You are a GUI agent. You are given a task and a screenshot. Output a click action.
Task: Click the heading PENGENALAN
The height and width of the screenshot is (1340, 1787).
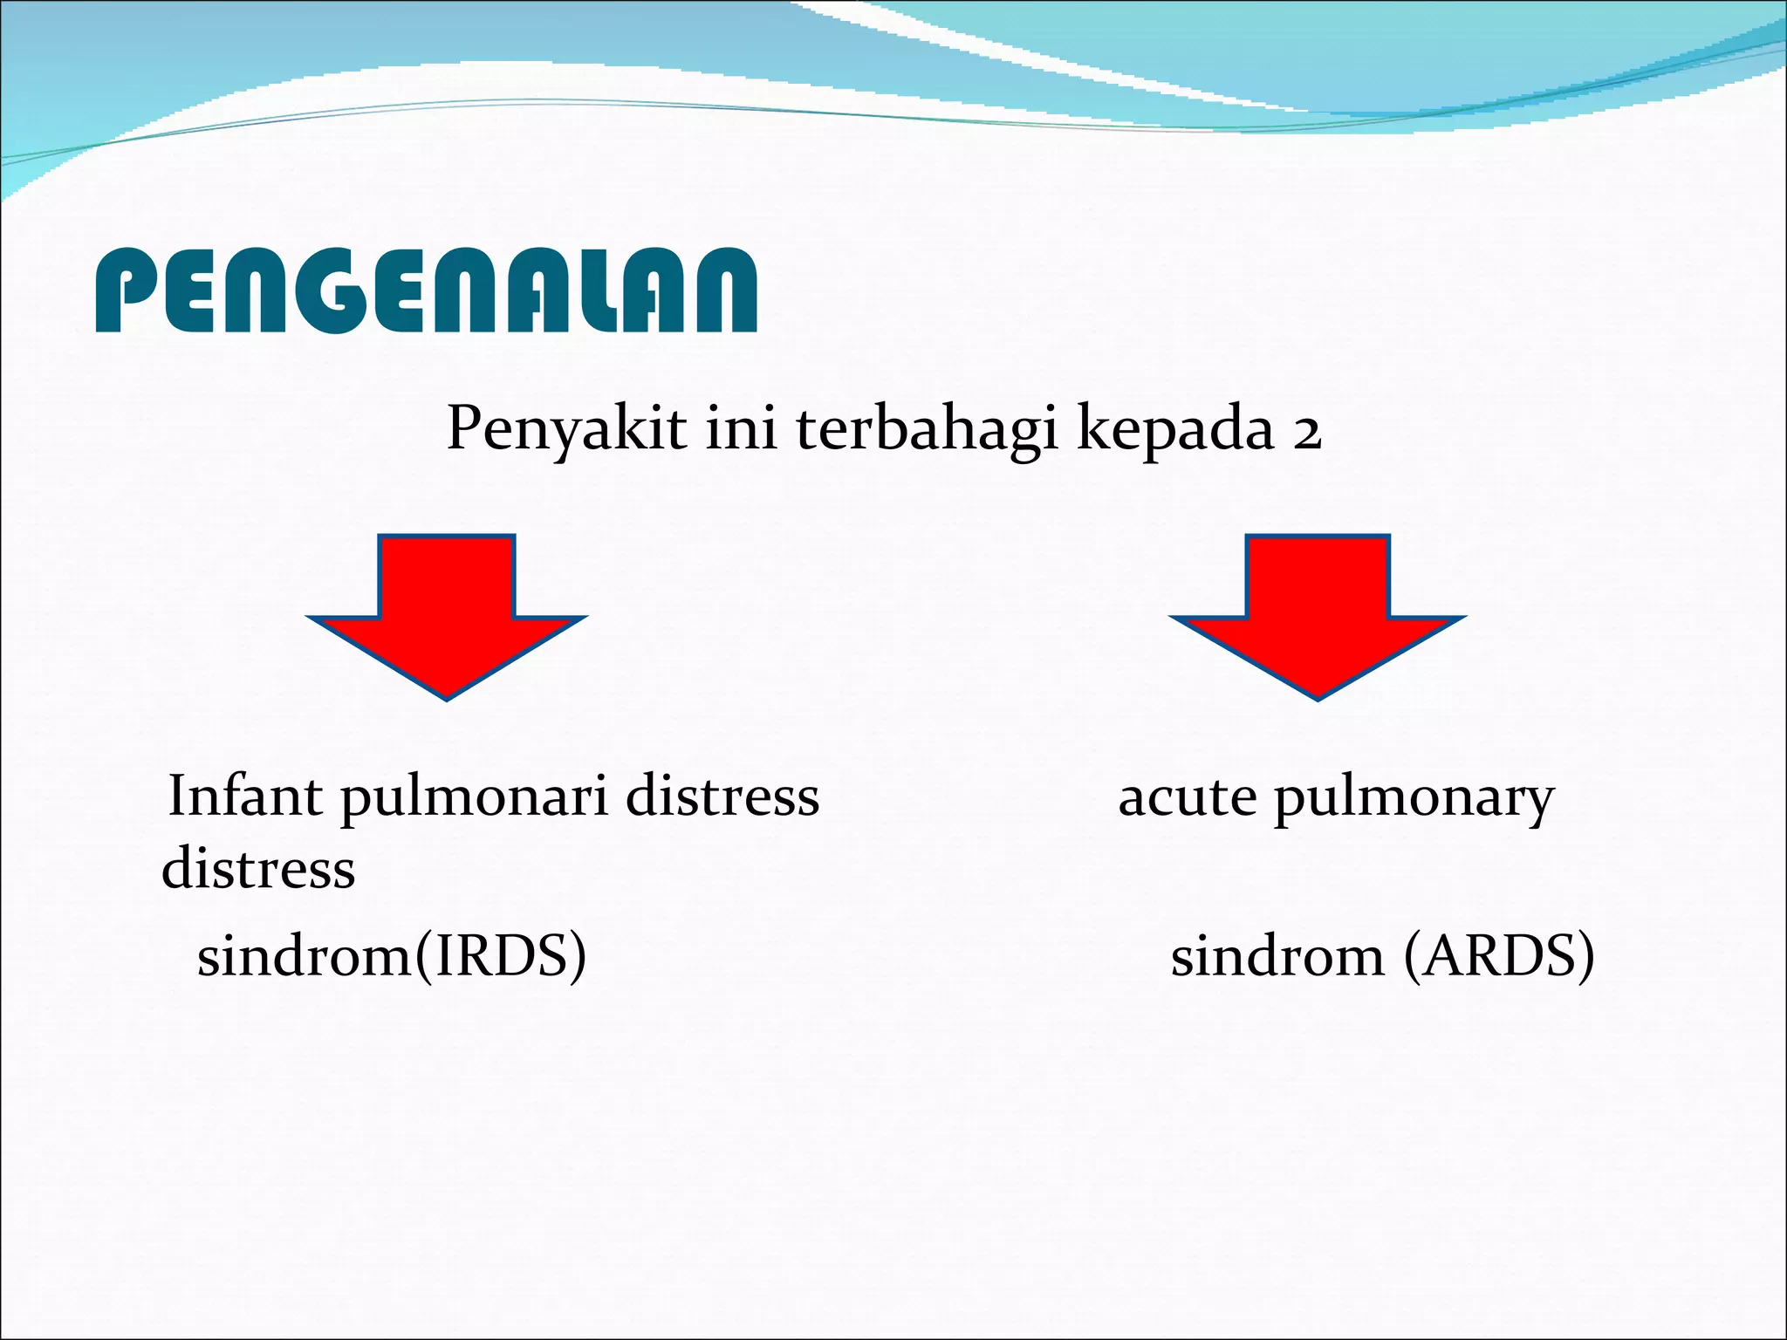[426, 291]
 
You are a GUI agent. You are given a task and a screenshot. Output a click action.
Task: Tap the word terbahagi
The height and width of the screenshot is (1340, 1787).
[926, 428]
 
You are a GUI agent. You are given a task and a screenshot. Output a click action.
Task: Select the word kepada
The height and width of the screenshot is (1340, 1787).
[1174, 428]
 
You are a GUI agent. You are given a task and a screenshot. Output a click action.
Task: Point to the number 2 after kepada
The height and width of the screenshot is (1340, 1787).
[1306, 433]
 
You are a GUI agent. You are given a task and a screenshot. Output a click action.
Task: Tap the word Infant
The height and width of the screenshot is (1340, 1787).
[245, 796]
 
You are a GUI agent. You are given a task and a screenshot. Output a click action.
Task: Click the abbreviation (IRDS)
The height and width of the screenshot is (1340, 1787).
[499, 956]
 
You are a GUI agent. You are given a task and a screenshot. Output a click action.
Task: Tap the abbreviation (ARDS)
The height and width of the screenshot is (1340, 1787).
[1499, 956]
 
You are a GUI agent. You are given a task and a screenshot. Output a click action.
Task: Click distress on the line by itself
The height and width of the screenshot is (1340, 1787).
[258, 869]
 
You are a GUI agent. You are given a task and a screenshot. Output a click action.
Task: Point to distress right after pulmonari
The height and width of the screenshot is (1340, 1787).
[722, 796]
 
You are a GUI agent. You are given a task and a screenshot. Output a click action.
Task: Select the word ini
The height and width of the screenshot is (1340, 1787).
[741, 428]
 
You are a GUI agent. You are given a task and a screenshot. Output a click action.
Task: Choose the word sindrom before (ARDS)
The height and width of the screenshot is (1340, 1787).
[1277, 956]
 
